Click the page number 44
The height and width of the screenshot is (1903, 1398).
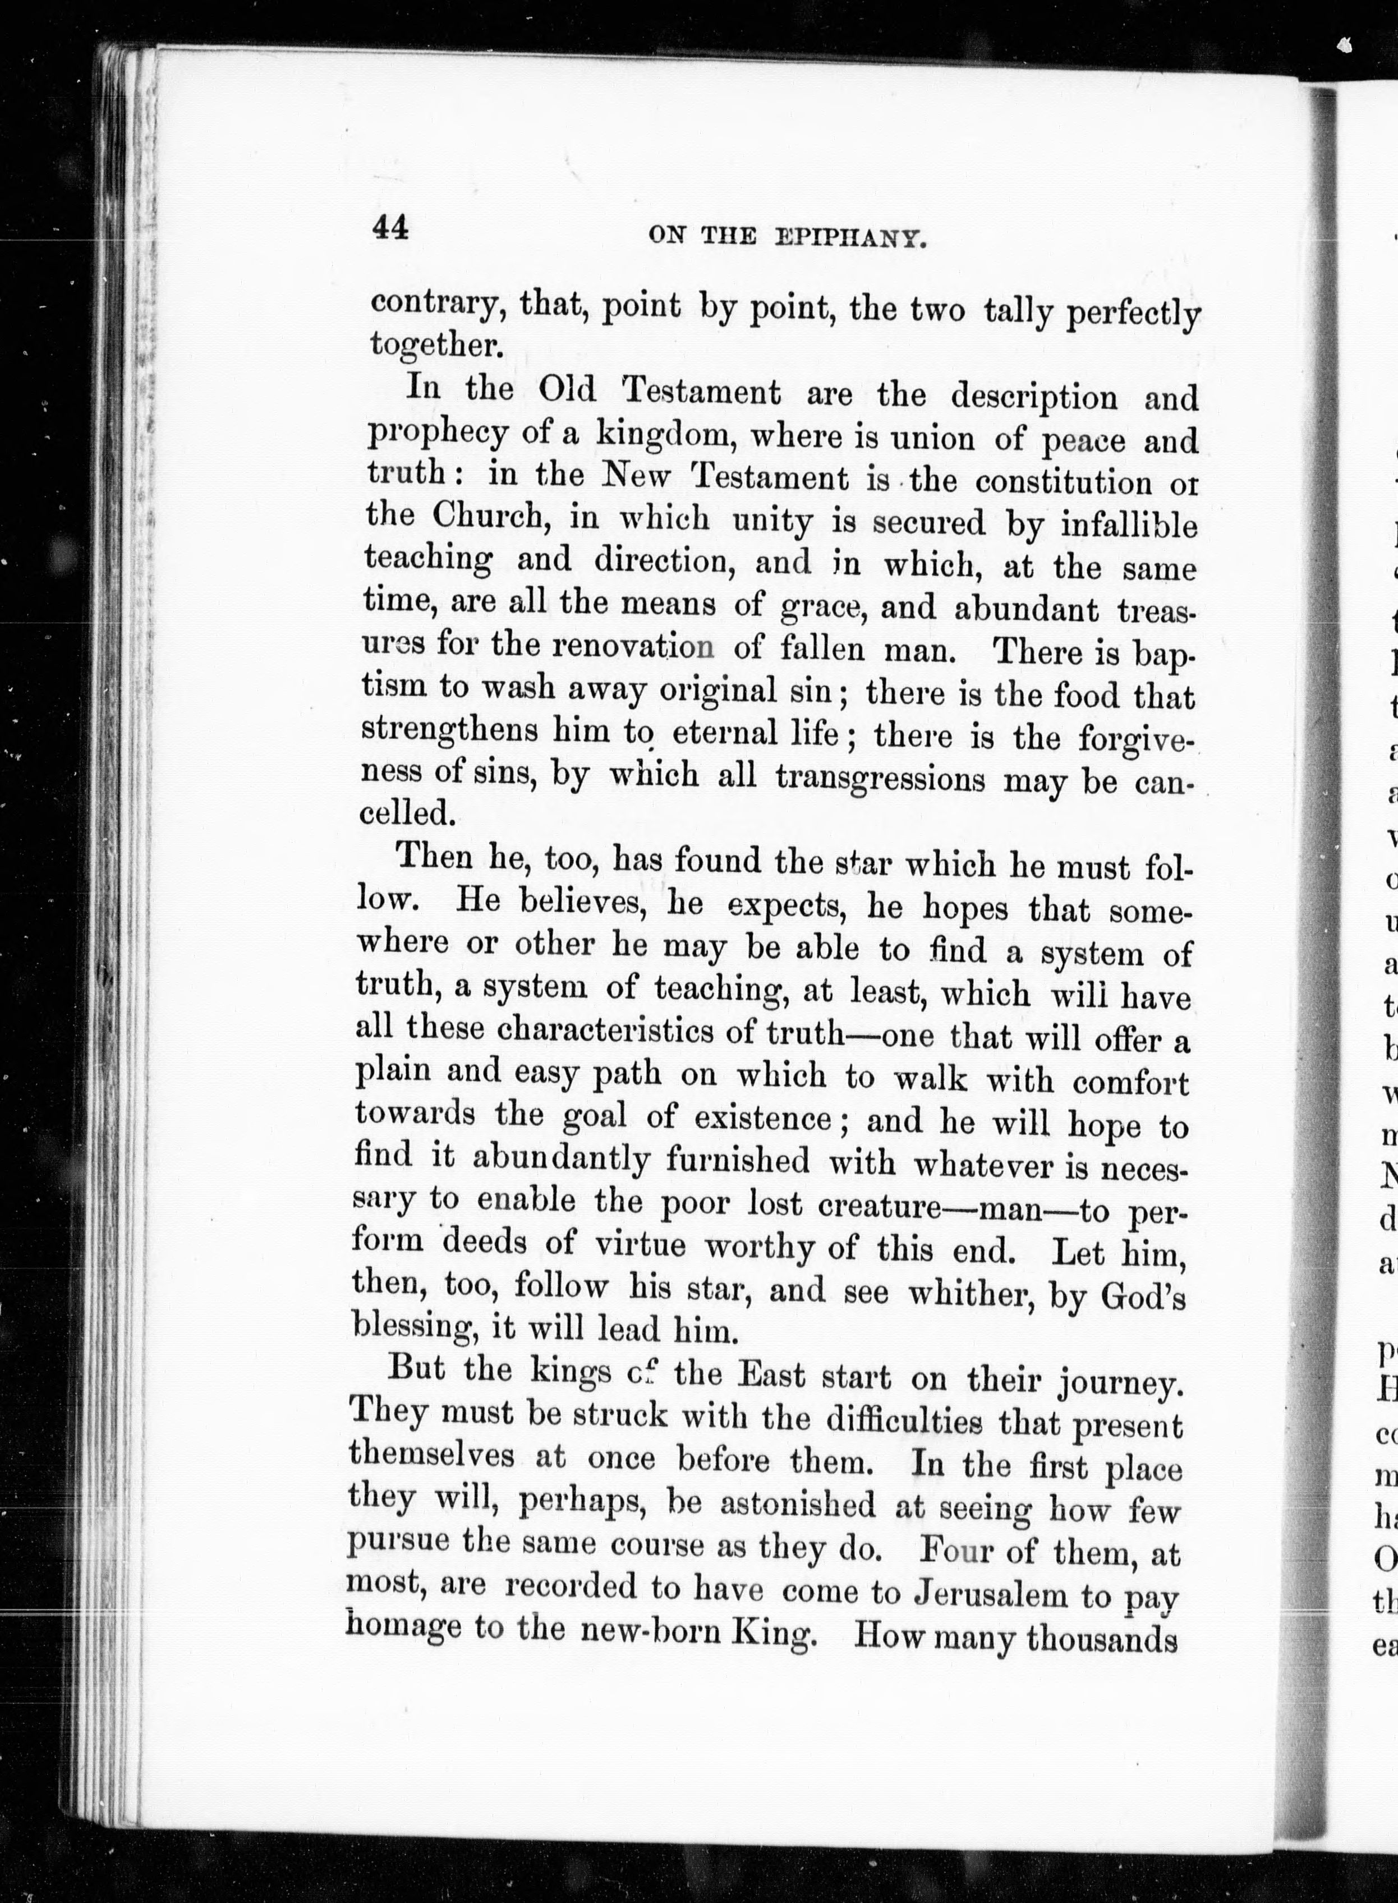click(390, 228)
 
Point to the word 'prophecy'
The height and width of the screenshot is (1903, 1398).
click(438, 435)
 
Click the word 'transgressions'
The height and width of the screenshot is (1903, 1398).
click(880, 777)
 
